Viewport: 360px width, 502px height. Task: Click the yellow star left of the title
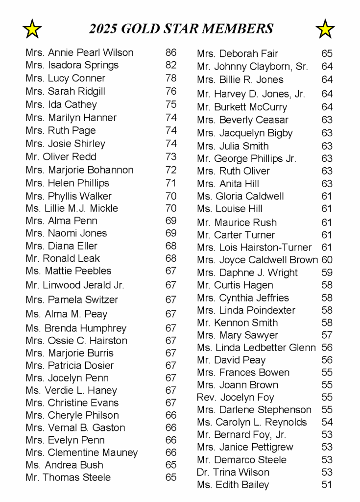[32, 29]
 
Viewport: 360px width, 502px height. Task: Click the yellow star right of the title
[325, 29]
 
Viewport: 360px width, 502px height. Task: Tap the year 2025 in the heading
[103, 29]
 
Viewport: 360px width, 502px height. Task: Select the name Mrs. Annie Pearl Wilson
[79, 52]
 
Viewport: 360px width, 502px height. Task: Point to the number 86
[171, 52]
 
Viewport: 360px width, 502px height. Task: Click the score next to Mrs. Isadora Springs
[171, 65]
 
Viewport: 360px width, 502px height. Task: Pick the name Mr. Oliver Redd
[61, 157]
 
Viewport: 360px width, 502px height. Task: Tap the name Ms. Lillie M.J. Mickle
[72, 208]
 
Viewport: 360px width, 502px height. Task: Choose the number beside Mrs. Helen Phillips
[171, 183]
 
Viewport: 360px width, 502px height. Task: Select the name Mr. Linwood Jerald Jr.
[75, 285]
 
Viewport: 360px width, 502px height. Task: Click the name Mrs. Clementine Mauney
[81, 452]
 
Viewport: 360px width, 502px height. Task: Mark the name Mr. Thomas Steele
[68, 477]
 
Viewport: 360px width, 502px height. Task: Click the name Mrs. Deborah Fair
[238, 53]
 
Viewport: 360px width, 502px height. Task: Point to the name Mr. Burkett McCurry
[242, 107]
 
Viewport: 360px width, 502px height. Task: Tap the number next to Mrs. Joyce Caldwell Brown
[327, 260]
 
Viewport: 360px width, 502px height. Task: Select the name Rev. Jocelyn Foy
[236, 398]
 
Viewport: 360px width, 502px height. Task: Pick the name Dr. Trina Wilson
[233, 473]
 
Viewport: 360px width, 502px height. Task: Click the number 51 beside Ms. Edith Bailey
[327, 485]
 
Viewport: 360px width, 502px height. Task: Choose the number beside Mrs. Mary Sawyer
[327, 335]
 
